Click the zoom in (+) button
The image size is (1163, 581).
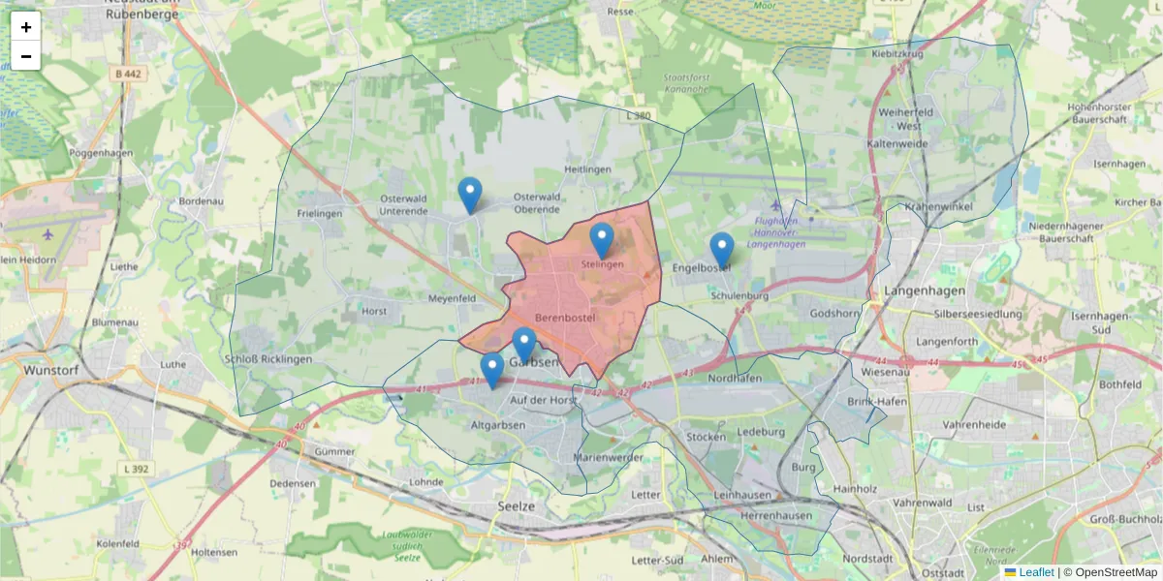[26, 27]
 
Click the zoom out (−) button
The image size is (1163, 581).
[26, 56]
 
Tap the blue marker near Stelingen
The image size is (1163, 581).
[602, 240]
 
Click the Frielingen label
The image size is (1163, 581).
[320, 213]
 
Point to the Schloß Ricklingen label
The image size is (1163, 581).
[267, 359]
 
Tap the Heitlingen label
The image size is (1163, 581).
[587, 169]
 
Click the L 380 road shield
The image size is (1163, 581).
[639, 115]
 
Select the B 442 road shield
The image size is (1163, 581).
[127, 74]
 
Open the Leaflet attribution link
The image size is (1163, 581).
[1036, 572]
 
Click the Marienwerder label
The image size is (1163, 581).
[609, 457]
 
